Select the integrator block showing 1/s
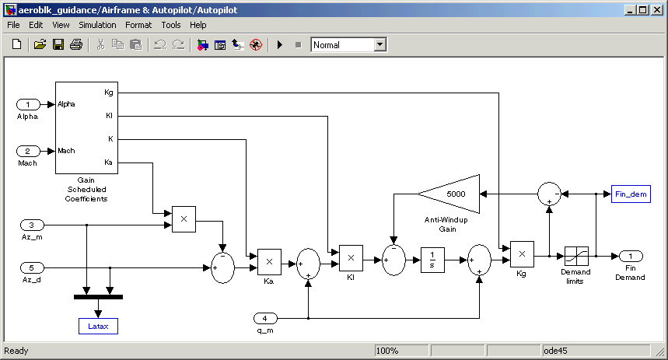(432, 260)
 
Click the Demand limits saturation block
(576, 256)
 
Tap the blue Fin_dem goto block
(631, 194)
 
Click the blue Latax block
(98, 326)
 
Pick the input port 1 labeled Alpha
(28, 104)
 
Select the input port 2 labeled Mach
(28, 151)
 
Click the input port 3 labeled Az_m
(32, 225)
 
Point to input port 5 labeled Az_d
(32, 267)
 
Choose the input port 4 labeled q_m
(265, 318)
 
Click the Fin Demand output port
(631, 256)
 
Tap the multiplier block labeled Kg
(522, 254)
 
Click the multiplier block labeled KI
(351, 257)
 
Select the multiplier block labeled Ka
(269, 262)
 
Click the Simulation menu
(97, 25)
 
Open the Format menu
(138, 25)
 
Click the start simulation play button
(279, 45)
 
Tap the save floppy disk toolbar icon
(58, 45)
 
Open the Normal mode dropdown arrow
(380, 45)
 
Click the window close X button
(657, 10)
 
